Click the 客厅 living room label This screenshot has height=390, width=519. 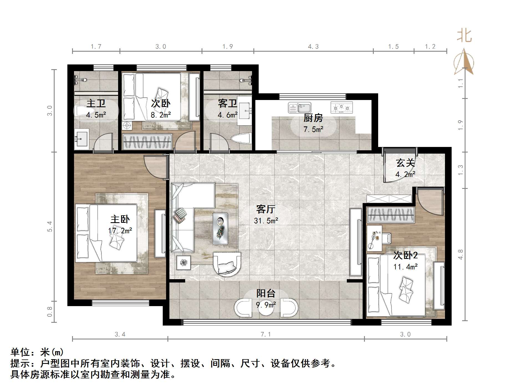(x=265, y=209)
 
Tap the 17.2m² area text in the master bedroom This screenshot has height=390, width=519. (x=120, y=231)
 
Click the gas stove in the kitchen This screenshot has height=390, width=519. (x=342, y=107)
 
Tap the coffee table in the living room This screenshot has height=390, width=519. (x=220, y=229)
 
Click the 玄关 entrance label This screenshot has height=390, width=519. (x=405, y=163)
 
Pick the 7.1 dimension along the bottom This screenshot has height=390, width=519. (x=265, y=334)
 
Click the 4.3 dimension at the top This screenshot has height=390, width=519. (x=313, y=47)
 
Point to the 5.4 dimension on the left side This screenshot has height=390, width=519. (x=50, y=226)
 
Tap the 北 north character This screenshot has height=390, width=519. (x=464, y=36)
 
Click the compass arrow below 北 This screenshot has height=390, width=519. (x=464, y=62)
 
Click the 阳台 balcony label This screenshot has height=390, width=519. (x=266, y=293)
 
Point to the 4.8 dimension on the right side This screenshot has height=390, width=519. (x=461, y=254)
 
